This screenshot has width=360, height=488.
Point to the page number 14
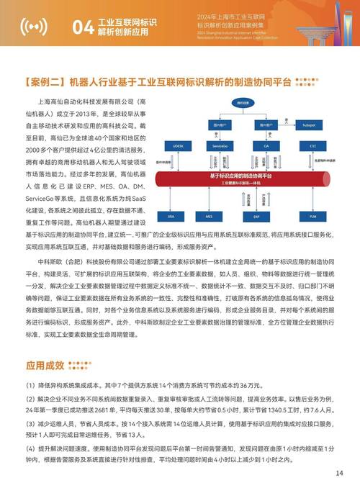point(339,473)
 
